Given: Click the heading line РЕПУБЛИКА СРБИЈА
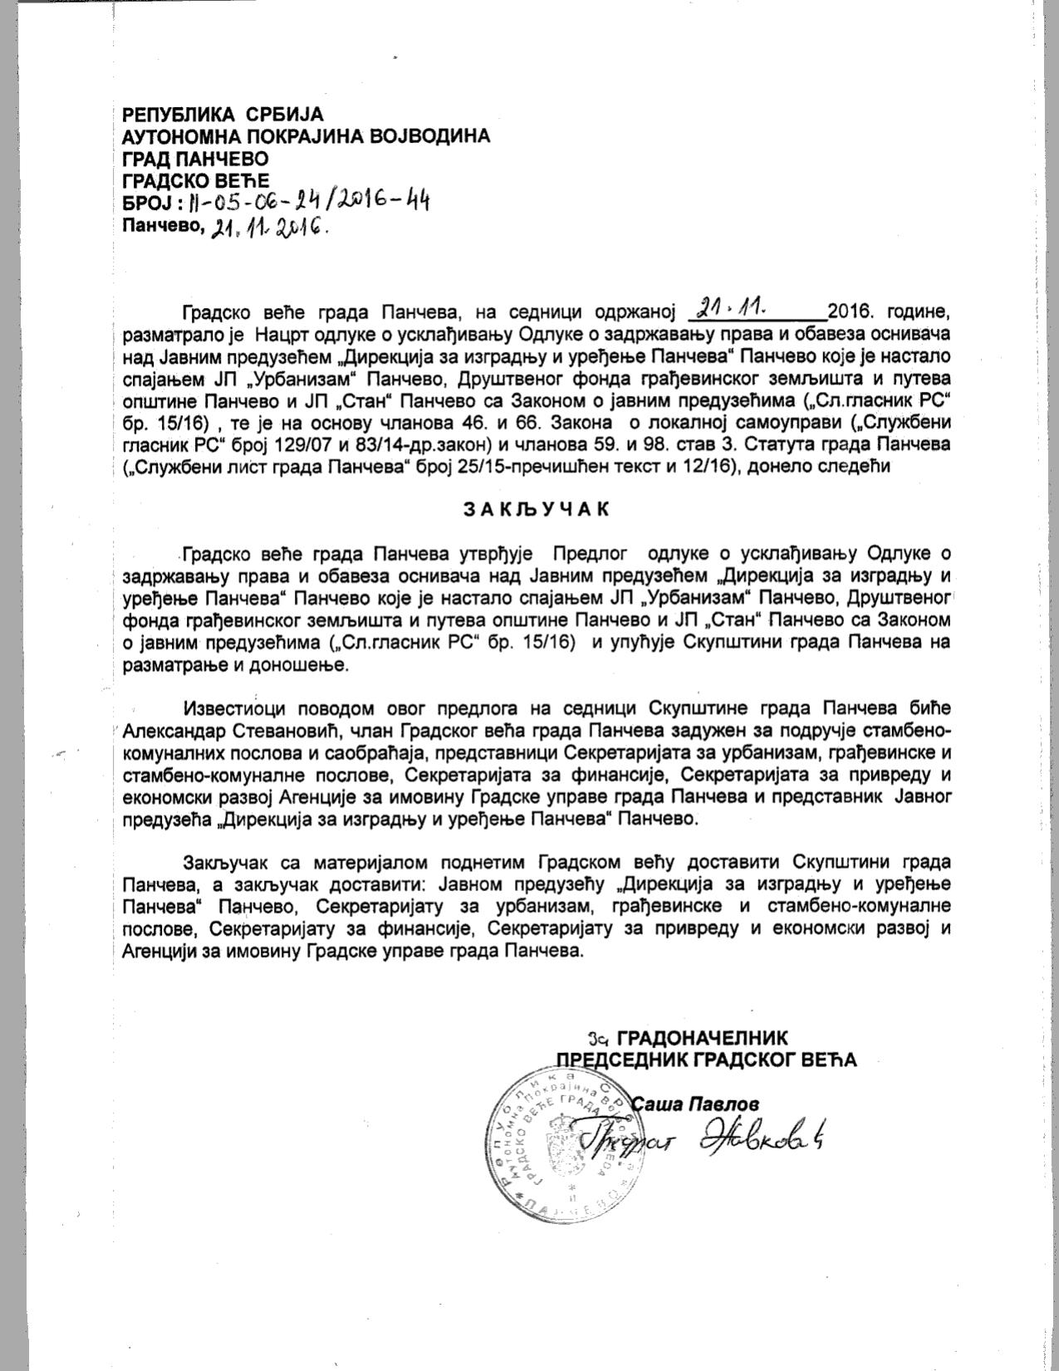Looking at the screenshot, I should (x=223, y=115).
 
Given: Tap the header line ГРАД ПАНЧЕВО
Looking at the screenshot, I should (x=195, y=158).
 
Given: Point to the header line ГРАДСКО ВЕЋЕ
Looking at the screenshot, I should (x=196, y=179).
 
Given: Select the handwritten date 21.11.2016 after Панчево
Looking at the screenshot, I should (x=270, y=227).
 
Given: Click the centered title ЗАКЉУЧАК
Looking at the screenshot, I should (x=536, y=509).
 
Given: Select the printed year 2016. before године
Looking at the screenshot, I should (x=853, y=313).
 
